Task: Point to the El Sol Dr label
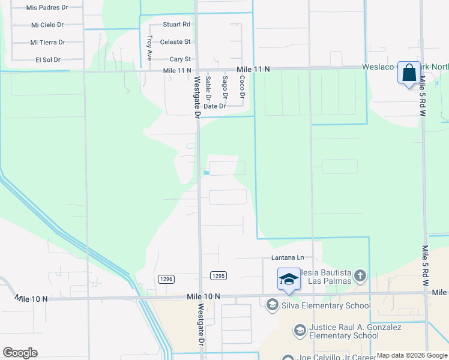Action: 48,59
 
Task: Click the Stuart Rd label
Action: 176,25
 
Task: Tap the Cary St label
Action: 180,59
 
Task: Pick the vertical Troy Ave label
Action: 149,47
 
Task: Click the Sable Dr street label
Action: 208,88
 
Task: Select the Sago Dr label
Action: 225,88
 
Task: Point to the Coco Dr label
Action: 242,88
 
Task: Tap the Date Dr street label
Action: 214,106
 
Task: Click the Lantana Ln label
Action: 284,258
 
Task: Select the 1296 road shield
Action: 166,278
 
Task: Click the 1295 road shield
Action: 218,276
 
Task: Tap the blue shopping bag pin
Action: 409,73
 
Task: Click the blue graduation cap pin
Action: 289,279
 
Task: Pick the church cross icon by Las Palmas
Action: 360,275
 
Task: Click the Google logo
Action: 20,353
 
